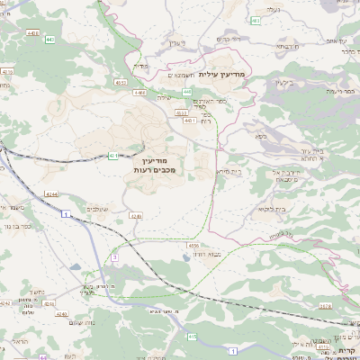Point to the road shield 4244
51,193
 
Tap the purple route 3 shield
115,258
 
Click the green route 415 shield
192,337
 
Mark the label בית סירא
228,170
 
